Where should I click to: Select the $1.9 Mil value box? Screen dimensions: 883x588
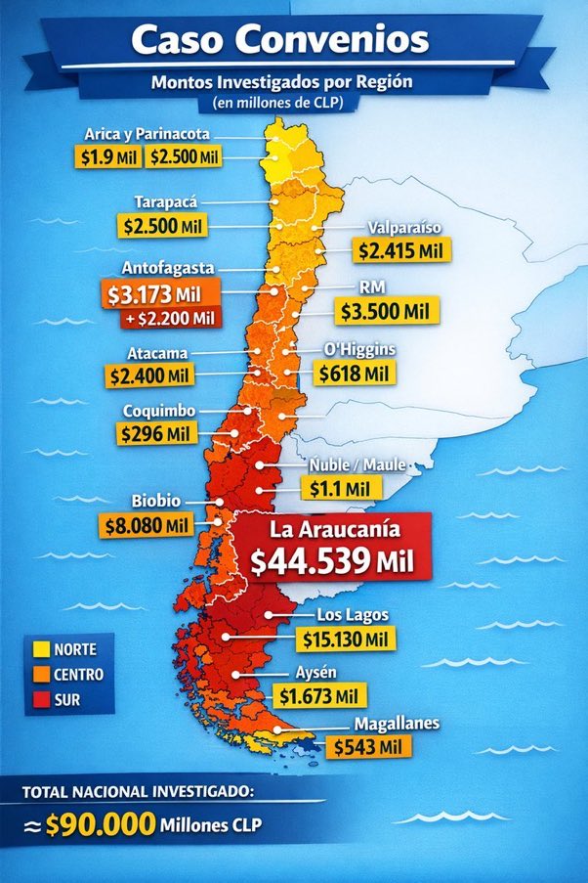[x=106, y=155]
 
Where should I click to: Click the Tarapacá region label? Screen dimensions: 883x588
[x=166, y=201]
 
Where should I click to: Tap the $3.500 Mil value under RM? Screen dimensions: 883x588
[x=387, y=312]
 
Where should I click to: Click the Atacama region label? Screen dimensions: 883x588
[x=158, y=352]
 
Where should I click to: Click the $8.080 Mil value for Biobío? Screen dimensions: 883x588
[x=147, y=525]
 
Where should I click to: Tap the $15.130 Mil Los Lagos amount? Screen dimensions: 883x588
[x=348, y=639]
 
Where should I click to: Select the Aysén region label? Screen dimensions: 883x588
[x=318, y=673]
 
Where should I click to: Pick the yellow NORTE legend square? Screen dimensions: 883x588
[x=41, y=648]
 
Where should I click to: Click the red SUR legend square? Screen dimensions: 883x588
[x=41, y=700]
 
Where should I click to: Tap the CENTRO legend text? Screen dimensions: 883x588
[x=79, y=675]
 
